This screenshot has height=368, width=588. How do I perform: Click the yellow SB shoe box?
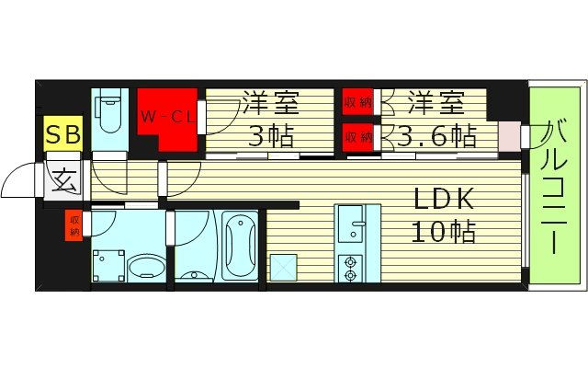tap(63, 135)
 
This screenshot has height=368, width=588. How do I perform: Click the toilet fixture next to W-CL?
tap(108, 115)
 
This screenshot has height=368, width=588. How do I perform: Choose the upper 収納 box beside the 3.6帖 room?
tap(358, 101)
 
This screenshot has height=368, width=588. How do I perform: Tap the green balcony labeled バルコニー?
tap(554, 184)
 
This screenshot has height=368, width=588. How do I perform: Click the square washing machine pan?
tap(107, 263)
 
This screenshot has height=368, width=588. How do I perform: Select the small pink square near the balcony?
tap(508, 136)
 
